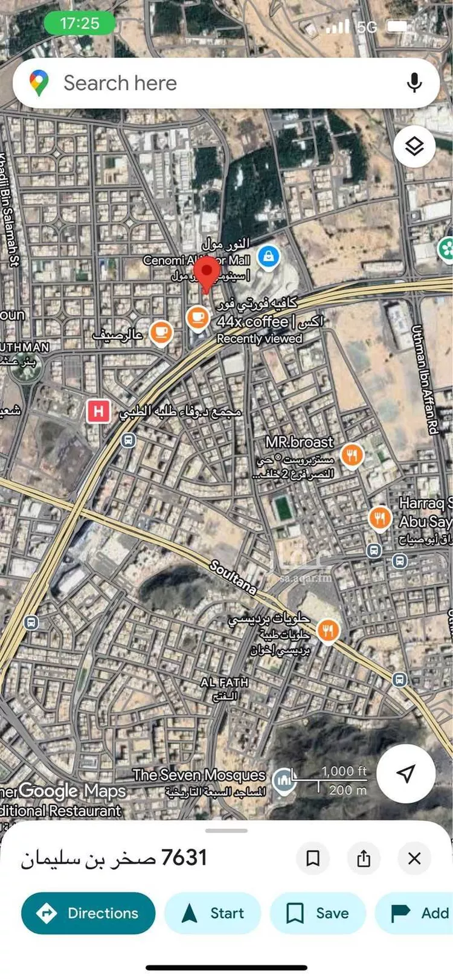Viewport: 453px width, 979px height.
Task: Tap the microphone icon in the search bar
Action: pos(414,83)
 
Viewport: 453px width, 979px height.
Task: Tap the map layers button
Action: pos(414,146)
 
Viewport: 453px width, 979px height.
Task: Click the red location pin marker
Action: pos(209,273)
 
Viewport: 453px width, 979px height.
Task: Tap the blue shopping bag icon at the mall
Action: pos(269,256)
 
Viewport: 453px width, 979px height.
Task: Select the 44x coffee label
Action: pos(252,321)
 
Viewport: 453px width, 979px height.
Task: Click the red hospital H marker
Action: pos(98,412)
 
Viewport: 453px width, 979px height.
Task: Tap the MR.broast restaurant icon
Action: pos(352,455)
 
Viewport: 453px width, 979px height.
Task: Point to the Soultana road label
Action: pos(233,576)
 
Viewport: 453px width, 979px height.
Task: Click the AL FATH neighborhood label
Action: pos(224,682)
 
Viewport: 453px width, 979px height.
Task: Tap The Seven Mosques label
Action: pos(199,775)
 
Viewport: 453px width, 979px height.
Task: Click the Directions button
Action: pos(88,913)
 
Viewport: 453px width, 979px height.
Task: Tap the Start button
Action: pos(213,913)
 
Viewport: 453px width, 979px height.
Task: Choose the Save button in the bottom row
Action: pos(318,913)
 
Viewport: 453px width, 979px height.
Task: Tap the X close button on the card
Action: pos(414,858)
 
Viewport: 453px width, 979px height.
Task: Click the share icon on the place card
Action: pos(364,858)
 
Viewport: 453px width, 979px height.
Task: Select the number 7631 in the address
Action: pos(184,857)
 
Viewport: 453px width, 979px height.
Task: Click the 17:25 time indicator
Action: pos(79,24)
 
